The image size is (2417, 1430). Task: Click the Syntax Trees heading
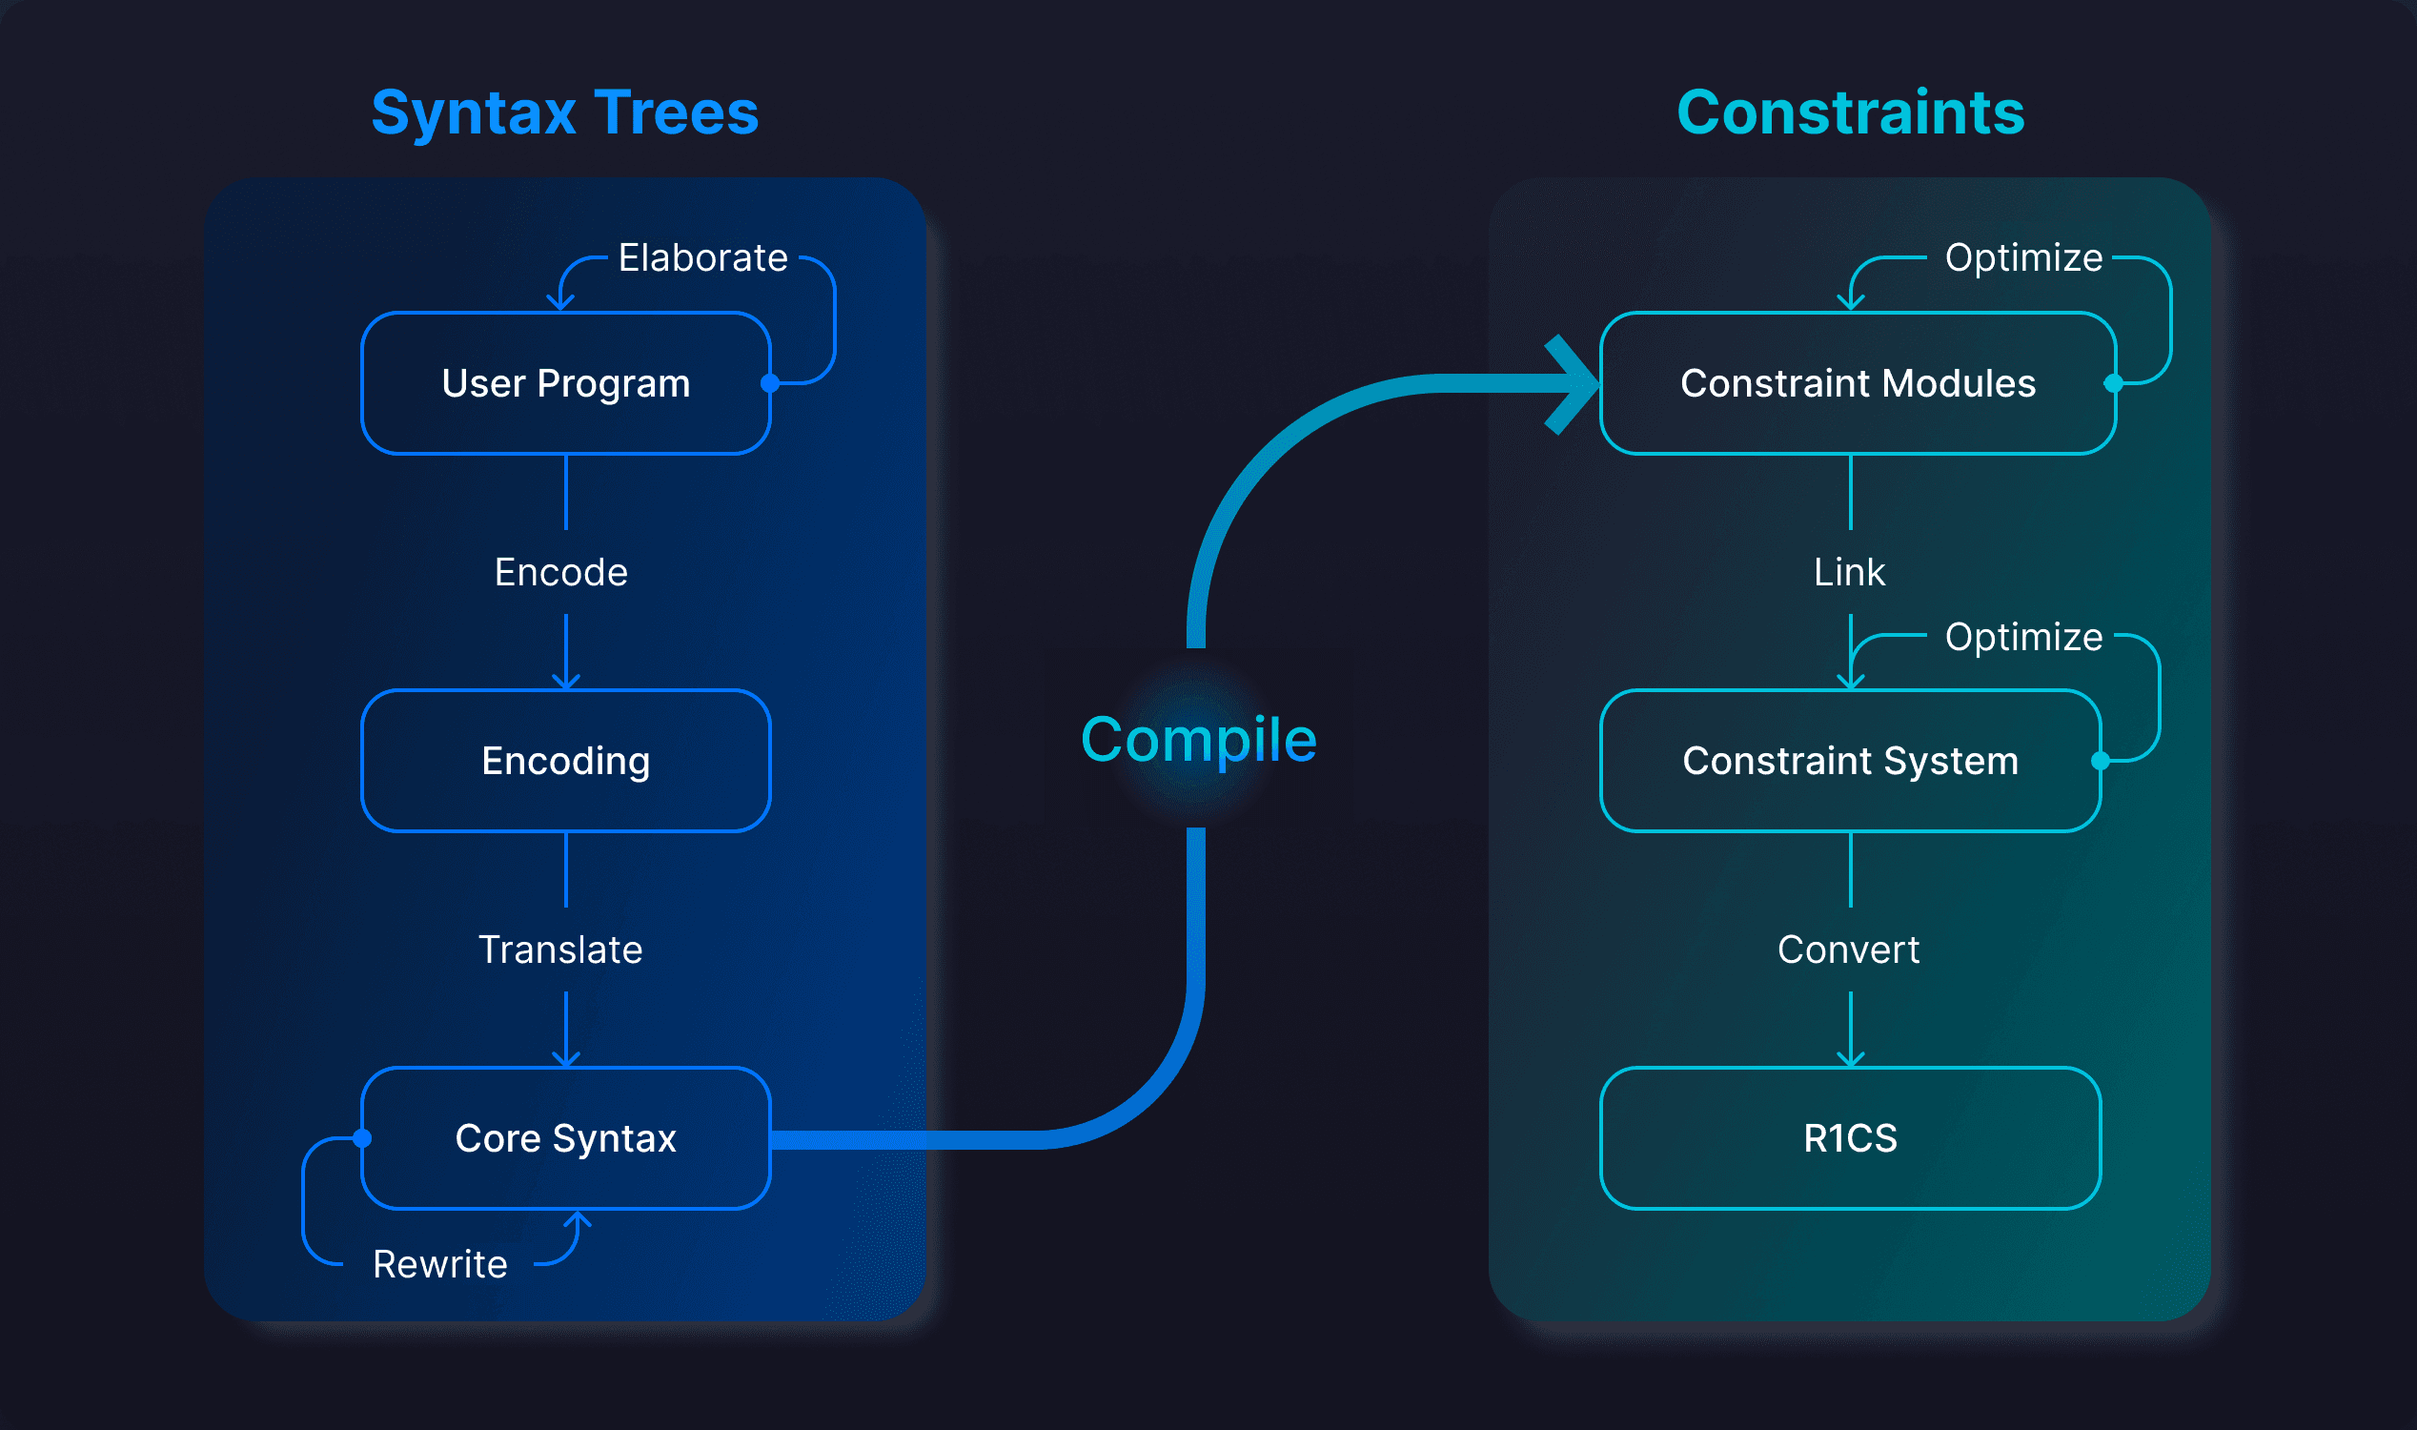[x=565, y=112]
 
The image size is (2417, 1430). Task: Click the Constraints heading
[x=1851, y=112]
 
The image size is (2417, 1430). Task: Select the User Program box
[x=565, y=383]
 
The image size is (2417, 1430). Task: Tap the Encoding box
[x=565, y=762]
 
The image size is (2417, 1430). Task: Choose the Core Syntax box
[x=565, y=1138]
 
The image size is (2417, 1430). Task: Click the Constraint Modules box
[x=1858, y=383]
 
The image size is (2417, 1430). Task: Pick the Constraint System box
[x=1850, y=762]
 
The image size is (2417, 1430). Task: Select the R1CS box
[x=1850, y=1138]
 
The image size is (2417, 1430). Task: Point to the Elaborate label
[x=703, y=258]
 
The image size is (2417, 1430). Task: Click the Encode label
[x=560, y=572]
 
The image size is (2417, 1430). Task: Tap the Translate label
[x=560, y=950]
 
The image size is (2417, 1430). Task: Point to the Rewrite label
[x=440, y=1264]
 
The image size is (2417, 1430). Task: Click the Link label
[x=1850, y=572]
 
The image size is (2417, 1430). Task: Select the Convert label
[x=1849, y=950]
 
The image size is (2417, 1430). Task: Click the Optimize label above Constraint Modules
[x=2024, y=258]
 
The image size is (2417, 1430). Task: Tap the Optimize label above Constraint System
[x=2024, y=638]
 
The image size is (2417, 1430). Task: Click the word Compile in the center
[x=1198, y=740]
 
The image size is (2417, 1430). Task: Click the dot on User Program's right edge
[x=770, y=383]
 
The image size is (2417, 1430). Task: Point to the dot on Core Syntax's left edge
[x=362, y=1139]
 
